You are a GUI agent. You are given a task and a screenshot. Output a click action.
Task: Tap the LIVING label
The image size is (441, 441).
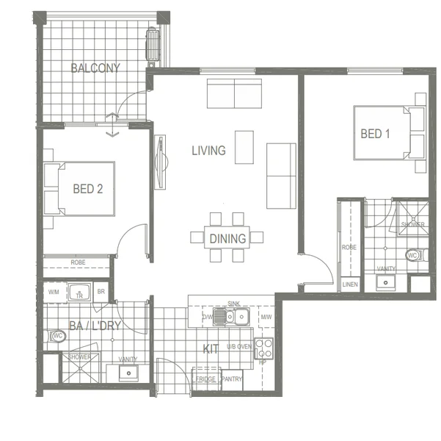[x=208, y=151]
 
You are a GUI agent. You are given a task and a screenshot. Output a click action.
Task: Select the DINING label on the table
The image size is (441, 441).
[x=227, y=238]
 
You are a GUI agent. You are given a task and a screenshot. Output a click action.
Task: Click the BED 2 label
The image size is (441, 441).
[x=87, y=189]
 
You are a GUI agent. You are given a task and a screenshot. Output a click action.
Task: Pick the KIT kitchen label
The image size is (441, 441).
[x=211, y=349]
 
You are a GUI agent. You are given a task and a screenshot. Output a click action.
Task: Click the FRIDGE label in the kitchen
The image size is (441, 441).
[x=206, y=379]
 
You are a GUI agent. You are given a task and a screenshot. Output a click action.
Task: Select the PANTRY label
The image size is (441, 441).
[x=231, y=379]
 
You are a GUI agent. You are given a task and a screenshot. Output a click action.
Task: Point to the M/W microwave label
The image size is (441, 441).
[x=265, y=318]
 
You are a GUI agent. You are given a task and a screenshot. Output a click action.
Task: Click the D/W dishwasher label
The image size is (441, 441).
[x=208, y=318]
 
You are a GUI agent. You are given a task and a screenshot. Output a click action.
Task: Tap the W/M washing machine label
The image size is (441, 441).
[x=54, y=292]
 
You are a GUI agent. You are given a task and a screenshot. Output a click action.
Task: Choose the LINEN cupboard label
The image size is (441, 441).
[x=351, y=284]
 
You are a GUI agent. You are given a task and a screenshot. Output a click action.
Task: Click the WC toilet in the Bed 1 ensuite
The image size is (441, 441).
[x=412, y=256]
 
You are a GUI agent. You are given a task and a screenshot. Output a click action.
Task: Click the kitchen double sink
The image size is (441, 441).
[x=236, y=317]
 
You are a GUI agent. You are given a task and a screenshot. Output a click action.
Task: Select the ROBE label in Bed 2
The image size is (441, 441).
[x=78, y=262]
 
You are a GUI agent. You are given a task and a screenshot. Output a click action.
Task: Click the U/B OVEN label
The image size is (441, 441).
[x=239, y=346]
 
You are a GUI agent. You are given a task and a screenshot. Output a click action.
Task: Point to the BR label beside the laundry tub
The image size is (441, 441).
[x=101, y=292]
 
